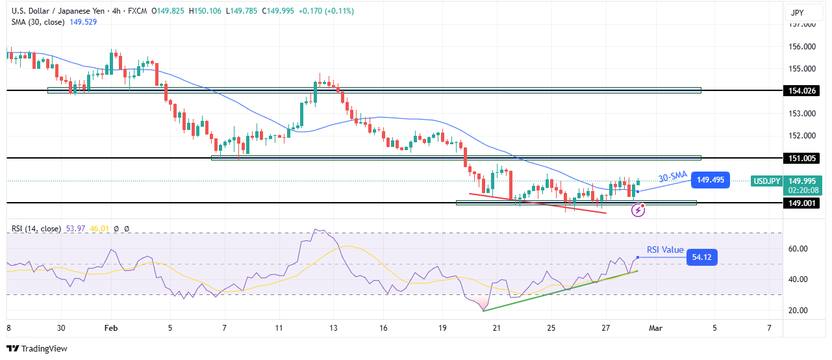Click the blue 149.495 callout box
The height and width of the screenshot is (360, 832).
coord(711,180)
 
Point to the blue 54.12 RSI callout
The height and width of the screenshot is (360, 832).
coord(701,258)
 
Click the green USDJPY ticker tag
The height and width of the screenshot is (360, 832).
coord(766,181)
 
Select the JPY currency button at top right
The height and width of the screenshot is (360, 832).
coord(799,12)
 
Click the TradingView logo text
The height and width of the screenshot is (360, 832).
coord(44,348)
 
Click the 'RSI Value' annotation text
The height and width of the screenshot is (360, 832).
coord(665,250)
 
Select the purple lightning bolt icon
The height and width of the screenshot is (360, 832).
coord(638,210)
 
